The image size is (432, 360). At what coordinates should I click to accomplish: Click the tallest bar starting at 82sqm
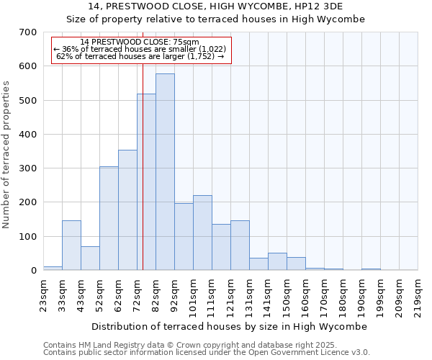point(165,173)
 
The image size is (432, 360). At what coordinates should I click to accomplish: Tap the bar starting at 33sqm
point(71,246)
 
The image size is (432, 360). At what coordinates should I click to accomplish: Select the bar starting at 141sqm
point(277,261)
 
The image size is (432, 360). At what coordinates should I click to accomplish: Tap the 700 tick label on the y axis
point(28,32)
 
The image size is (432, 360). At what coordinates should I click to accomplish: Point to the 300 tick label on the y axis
point(28,168)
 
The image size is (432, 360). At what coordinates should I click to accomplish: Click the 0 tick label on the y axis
point(33,271)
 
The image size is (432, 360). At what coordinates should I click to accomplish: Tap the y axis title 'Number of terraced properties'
point(7,155)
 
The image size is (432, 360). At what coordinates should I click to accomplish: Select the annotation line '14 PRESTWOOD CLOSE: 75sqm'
point(135,42)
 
